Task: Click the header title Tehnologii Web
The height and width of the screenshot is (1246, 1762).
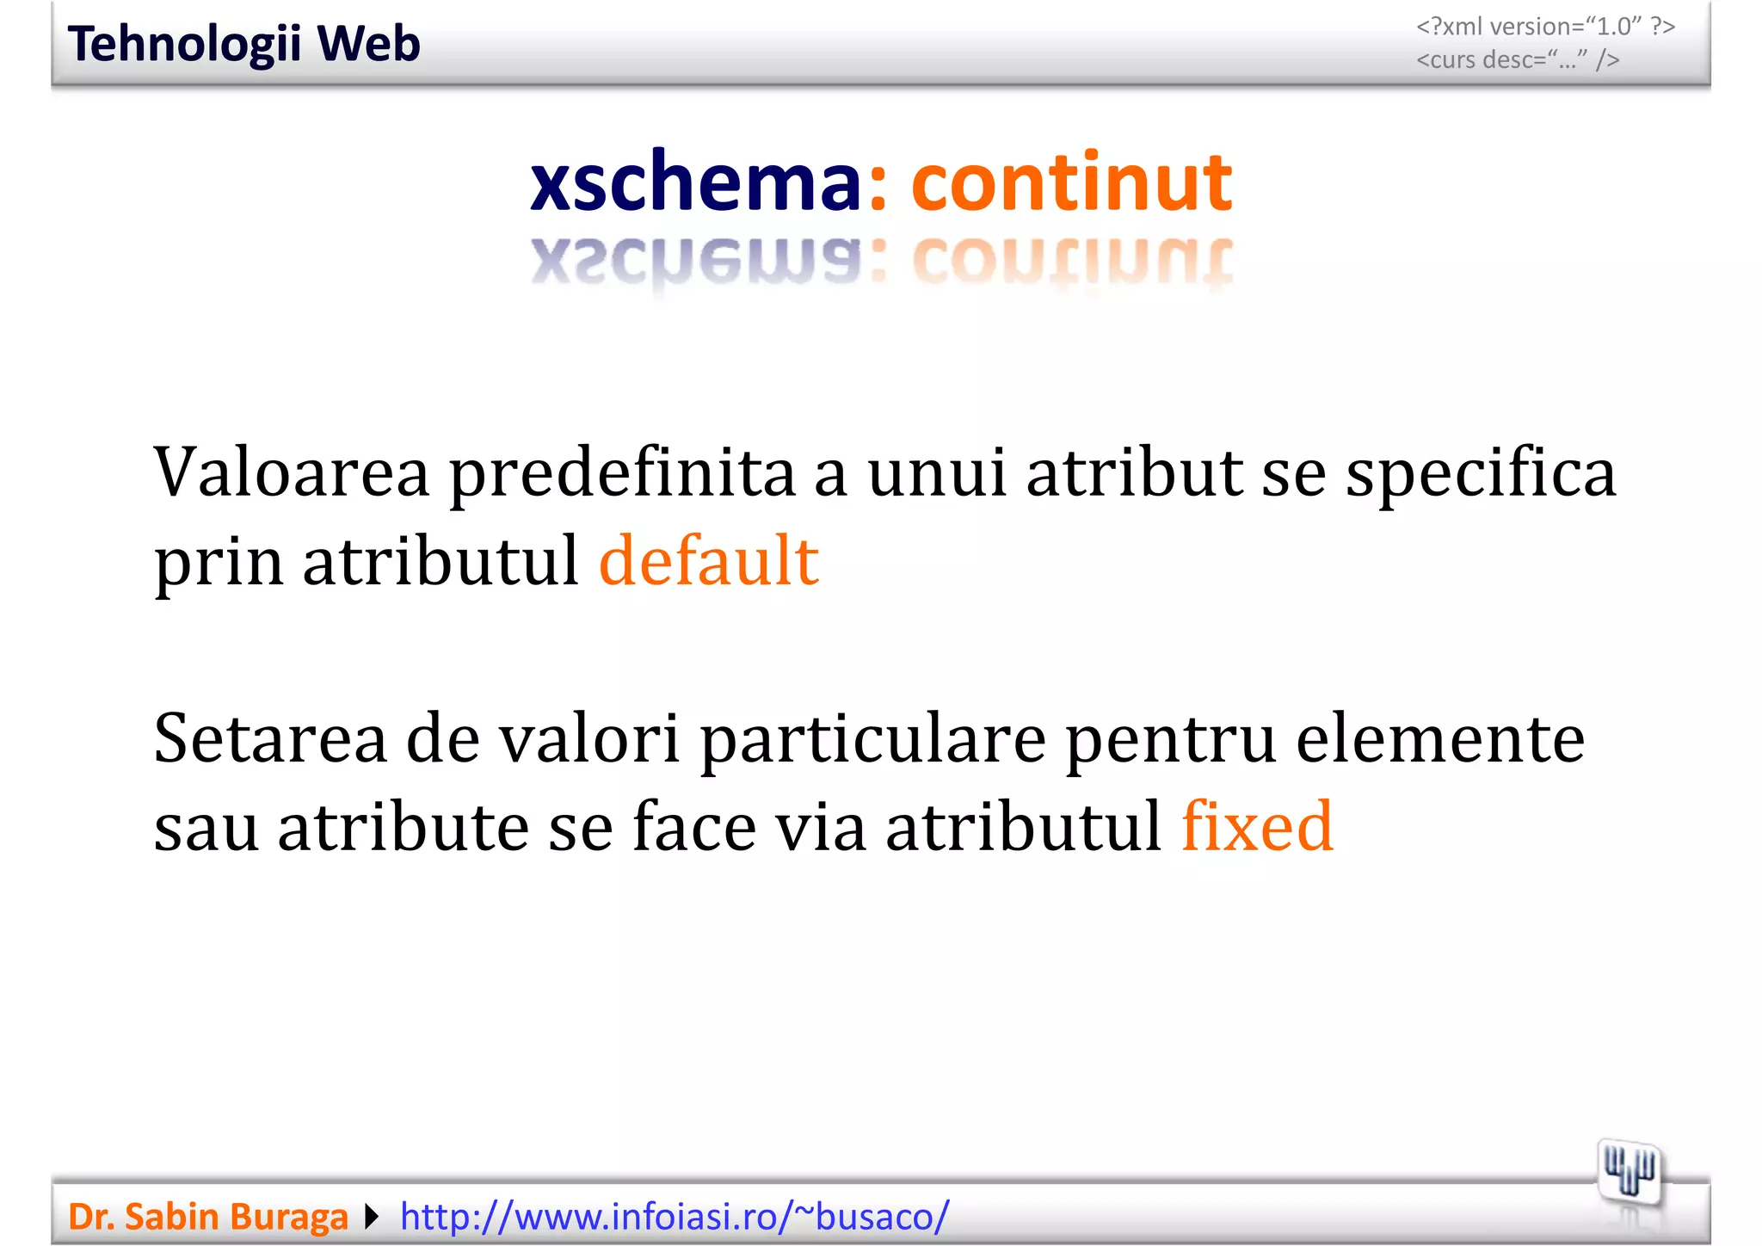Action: [x=243, y=44]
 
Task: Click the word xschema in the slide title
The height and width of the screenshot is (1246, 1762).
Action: [x=694, y=182]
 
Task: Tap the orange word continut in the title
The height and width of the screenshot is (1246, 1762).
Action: [x=1071, y=182]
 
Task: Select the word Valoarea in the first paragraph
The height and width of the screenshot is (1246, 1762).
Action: [x=291, y=472]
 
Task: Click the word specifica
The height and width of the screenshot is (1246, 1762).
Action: [x=1481, y=472]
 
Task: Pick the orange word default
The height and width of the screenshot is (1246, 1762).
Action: [x=708, y=561]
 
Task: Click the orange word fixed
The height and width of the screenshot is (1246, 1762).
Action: [x=1257, y=826]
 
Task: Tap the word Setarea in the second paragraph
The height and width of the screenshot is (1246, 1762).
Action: [x=270, y=738]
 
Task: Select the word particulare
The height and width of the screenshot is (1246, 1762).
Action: [x=872, y=738]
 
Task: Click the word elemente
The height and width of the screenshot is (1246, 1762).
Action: [x=1439, y=738]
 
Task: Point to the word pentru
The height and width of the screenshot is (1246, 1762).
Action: [x=1170, y=738]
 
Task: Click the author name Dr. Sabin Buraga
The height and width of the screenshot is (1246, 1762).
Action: [x=207, y=1217]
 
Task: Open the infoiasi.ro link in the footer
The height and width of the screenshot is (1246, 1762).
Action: [x=675, y=1217]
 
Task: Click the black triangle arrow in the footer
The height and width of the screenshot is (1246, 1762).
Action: [x=372, y=1217]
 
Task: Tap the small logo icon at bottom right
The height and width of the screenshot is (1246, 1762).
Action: [x=1629, y=1173]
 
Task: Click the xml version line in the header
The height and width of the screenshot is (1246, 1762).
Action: [x=1545, y=27]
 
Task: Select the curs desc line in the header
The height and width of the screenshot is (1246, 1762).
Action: [x=1518, y=59]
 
